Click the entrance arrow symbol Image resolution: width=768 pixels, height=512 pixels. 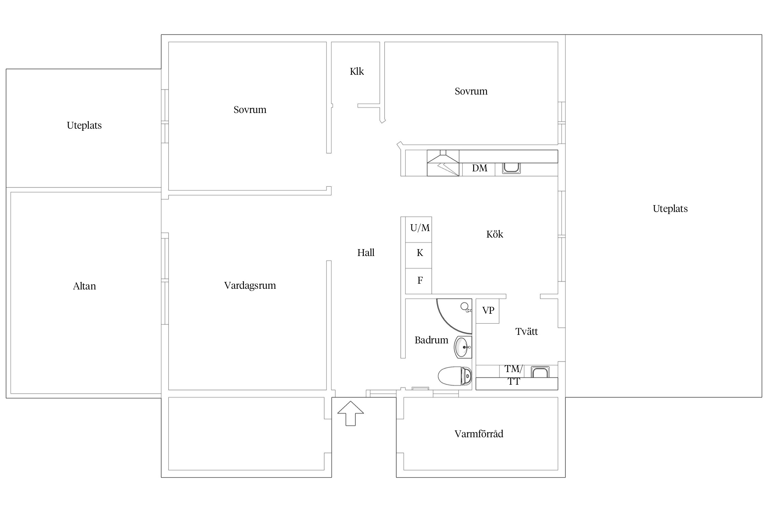351,413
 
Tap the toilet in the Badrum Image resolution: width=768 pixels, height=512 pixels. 455,376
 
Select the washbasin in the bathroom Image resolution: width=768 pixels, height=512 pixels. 463,347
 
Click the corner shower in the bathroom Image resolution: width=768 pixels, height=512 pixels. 454,316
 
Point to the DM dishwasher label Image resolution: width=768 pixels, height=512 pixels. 480,168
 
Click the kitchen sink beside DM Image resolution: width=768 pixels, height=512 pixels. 511,168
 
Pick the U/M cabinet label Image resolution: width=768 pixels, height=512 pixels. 420,228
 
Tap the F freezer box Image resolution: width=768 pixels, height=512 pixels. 418,281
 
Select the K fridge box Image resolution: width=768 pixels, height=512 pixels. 418,256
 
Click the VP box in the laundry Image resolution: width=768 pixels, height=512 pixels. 487,311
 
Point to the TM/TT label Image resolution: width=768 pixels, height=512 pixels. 514,375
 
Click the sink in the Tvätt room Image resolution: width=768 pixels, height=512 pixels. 540,372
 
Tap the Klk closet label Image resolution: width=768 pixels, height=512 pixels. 357,71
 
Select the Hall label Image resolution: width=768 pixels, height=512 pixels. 366,253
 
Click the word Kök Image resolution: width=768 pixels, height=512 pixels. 495,234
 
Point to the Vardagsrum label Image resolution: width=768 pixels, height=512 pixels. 250,286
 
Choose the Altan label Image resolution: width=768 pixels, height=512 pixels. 84,286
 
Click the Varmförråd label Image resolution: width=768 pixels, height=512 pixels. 479,434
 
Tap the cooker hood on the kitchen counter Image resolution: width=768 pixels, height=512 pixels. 443,163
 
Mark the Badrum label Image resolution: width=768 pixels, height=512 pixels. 431,340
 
